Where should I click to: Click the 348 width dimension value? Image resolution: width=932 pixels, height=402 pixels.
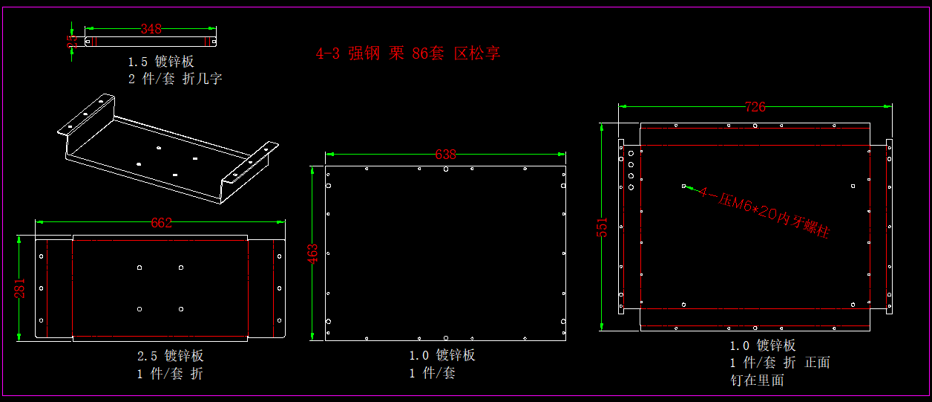point(151,30)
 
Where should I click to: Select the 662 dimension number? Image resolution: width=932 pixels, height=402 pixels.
point(161,223)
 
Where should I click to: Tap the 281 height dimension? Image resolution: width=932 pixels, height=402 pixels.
point(21,288)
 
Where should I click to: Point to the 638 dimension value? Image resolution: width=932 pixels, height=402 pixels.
point(445,155)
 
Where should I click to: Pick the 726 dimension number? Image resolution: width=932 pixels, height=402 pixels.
point(755,107)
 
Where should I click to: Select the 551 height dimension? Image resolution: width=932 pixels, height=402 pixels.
point(603,227)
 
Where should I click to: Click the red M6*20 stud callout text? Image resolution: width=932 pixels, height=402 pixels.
point(764,212)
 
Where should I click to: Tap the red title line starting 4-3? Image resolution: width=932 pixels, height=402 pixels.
point(408,54)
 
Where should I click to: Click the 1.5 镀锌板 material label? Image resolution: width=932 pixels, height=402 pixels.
point(160,62)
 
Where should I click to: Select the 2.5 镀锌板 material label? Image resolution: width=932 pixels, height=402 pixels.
point(170,356)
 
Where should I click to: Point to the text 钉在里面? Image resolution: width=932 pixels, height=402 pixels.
point(757,380)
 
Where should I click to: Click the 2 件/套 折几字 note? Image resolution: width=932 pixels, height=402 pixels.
point(175,79)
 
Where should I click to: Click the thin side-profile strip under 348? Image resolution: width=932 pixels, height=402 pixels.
point(151,41)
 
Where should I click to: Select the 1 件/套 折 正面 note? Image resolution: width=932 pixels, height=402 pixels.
point(780,363)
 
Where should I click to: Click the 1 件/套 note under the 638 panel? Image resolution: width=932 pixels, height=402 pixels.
point(432,373)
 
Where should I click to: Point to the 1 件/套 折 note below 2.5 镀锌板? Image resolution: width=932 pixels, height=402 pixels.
point(169,373)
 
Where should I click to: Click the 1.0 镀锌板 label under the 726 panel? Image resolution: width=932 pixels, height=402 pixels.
point(763,346)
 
